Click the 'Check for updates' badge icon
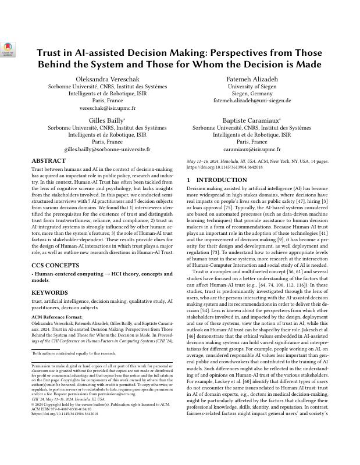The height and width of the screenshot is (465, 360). point(8,49)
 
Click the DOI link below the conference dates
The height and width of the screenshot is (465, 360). point(224,167)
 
